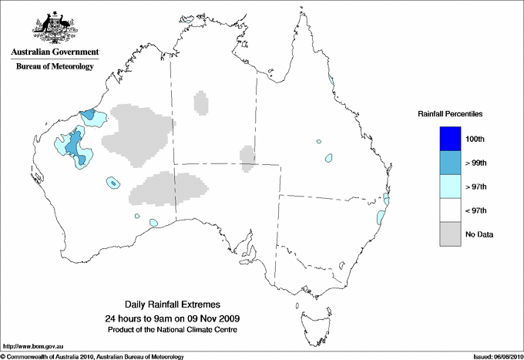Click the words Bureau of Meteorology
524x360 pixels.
(55, 67)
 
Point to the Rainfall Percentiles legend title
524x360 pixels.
(450, 113)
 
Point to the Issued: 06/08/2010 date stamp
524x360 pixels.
(495, 356)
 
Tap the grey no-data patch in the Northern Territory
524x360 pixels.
(201, 102)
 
